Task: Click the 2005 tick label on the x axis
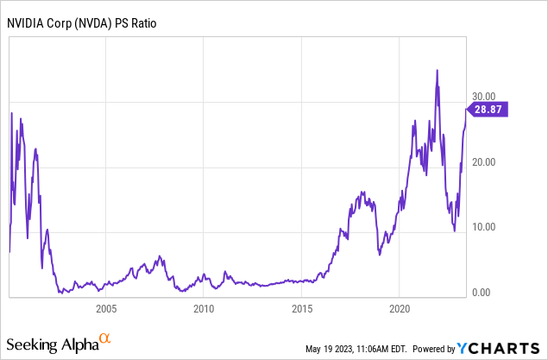pyautogui.click(x=105, y=308)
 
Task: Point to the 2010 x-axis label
pyautogui.click(x=204, y=308)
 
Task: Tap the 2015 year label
pyautogui.click(x=301, y=308)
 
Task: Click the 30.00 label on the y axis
pyautogui.click(x=484, y=97)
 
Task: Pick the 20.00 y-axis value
pyautogui.click(x=484, y=162)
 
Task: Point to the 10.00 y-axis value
pyautogui.click(x=484, y=227)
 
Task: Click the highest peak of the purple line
pyautogui.click(x=438, y=70)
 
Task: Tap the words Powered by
pyautogui.click(x=434, y=350)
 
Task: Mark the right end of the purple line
pyautogui.click(x=467, y=108)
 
